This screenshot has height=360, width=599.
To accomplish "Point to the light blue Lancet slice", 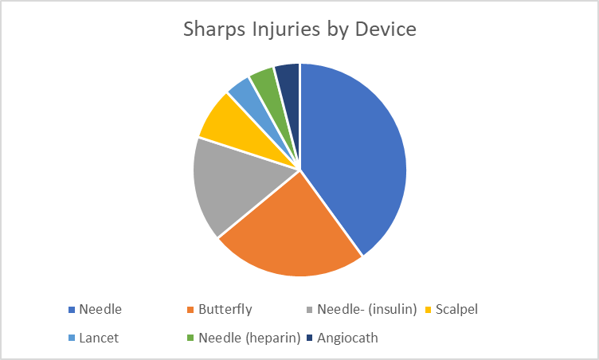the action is pyautogui.click(x=253, y=100).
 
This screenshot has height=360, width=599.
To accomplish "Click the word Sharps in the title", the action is pyautogui.click(x=214, y=29).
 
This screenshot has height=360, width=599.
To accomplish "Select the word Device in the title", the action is pyautogui.click(x=386, y=29).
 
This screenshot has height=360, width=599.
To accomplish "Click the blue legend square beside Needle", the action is pyautogui.click(x=72, y=310).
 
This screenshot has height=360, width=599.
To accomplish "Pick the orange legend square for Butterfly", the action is pyautogui.click(x=190, y=310).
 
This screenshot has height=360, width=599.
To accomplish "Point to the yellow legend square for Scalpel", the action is pyautogui.click(x=429, y=310).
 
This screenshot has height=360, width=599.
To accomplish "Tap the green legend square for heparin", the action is pyautogui.click(x=190, y=338).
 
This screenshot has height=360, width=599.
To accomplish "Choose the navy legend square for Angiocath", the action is pyautogui.click(x=309, y=338).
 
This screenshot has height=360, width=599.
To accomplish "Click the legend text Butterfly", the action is pyautogui.click(x=225, y=309).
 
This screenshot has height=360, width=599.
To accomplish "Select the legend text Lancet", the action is pyautogui.click(x=99, y=338).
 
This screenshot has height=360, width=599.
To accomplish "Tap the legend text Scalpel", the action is pyautogui.click(x=456, y=309).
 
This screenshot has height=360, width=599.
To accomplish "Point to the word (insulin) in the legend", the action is pyautogui.click(x=393, y=309).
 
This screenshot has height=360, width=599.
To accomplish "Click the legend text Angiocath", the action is pyautogui.click(x=347, y=338).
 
